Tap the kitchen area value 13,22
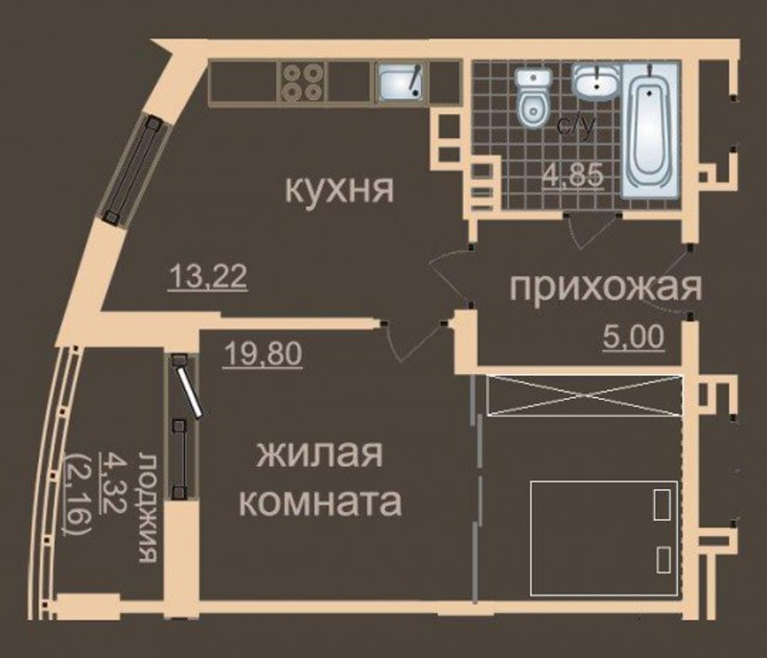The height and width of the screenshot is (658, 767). coord(207,277)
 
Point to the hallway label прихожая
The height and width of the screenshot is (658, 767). coord(606,287)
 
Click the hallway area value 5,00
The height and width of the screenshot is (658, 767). coord(634,337)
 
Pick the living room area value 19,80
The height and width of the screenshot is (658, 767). coord(262,354)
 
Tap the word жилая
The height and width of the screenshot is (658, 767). coord(319,454)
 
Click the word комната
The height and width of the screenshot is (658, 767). coord(322,502)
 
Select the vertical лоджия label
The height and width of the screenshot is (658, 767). coord(149,507)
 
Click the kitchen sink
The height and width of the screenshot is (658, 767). coord(402,82)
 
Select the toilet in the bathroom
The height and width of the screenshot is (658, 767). coord(534,99)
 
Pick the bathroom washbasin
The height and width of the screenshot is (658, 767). coord(595,83)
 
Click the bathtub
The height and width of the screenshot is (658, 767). coord(650,129)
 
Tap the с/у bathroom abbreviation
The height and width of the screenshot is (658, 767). coord(577,126)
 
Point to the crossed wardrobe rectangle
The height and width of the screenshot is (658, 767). coord(584,395)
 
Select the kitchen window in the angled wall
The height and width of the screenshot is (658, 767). coord(134,171)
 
